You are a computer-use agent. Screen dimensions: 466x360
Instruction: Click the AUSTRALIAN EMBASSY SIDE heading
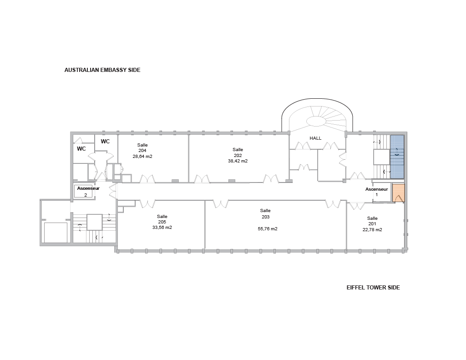coord(102,70)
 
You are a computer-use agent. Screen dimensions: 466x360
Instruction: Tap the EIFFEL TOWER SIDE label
coord(373,288)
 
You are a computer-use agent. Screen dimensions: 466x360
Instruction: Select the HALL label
coord(315,138)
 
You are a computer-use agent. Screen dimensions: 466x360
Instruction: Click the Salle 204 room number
coord(142,151)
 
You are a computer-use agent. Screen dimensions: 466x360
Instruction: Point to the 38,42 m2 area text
coord(238,161)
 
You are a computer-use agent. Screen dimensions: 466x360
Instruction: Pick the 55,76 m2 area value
coord(268,228)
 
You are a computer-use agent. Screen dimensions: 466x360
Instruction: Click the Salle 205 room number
coord(162,222)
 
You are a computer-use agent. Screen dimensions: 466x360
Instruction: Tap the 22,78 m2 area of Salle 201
coord(372,229)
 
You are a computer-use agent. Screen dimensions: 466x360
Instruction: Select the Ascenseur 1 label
coord(376,192)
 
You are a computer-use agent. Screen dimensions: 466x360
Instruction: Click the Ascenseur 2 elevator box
coord(85,192)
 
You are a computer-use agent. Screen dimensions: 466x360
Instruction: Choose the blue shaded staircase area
coord(397,157)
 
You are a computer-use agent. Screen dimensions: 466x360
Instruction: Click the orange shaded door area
coord(399,193)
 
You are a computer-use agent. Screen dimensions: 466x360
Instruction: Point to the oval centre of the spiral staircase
coord(316,121)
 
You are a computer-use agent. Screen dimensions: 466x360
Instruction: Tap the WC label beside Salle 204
coord(105,142)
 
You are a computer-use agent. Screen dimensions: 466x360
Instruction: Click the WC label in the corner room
coord(81,149)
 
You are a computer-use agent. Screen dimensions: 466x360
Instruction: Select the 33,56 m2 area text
coord(162,228)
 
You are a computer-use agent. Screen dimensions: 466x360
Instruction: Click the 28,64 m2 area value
coord(142,156)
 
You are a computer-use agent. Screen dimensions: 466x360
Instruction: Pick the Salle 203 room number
coord(265,217)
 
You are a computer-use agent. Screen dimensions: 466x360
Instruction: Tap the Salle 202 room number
coord(238,155)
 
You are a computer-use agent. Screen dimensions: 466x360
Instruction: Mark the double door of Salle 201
coord(356,206)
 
